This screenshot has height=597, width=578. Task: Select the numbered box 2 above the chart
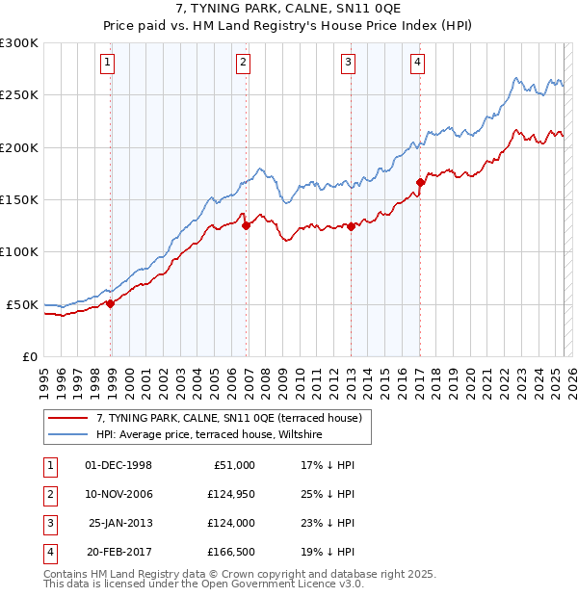(x=244, y=64)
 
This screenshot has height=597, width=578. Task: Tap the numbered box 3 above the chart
(x=348, y=64)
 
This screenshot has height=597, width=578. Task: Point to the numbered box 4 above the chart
(x=417, y=64)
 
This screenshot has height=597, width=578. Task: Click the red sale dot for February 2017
(x=420, y=182)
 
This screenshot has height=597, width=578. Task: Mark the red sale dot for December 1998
(x=111, y=303)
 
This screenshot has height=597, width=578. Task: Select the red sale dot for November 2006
(x=247, y=226)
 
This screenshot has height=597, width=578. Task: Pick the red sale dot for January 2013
(x=352, y=227)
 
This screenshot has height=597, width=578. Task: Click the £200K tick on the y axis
(x=19, y=147)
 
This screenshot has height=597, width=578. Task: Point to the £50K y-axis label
(x=22, y=304)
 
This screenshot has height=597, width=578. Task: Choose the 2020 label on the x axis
(x=471, y=376)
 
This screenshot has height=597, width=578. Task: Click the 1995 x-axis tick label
(x=44, y=376)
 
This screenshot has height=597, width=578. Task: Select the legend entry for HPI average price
(x=208, y=435)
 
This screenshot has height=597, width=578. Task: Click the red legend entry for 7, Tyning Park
(x=228, y=418)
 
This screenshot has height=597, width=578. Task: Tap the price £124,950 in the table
(x=228, y=494)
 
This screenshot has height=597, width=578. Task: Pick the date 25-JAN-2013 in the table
(x=119, y=523)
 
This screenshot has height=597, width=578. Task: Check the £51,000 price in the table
(x=232, y=465)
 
